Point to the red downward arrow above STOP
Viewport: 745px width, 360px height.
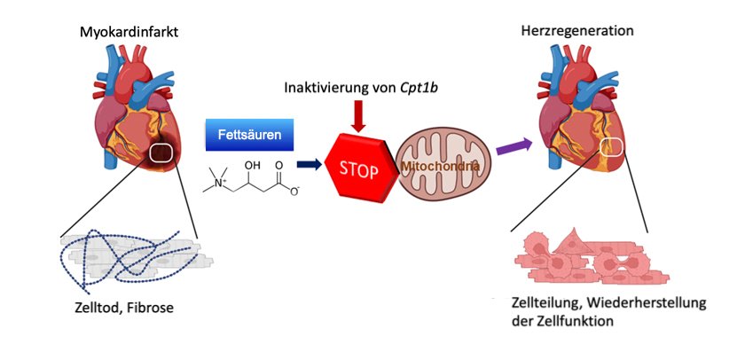pos(358,116)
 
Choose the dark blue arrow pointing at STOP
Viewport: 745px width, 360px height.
pos(309,165)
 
